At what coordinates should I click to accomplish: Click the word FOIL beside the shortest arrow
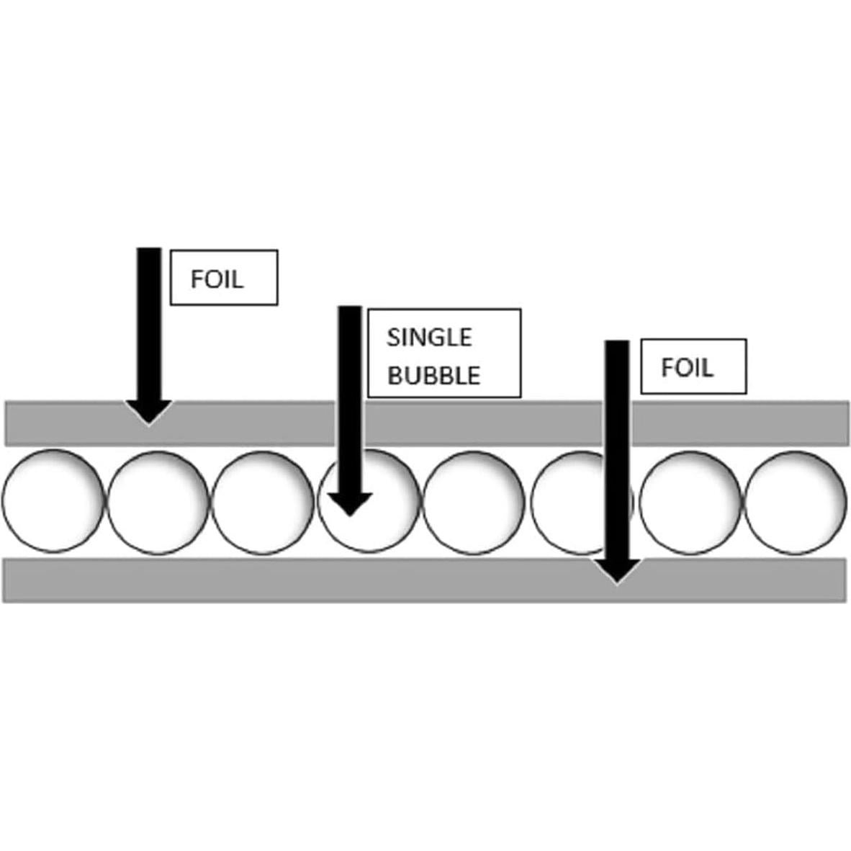click(217, 279)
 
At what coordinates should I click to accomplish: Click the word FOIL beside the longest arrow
click(687, 368)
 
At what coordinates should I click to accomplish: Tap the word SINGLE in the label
click(429, 338)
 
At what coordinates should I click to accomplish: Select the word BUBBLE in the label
click(433, 376)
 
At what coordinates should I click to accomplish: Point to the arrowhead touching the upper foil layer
click(149, 412)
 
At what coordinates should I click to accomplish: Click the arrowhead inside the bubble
click(350, 504)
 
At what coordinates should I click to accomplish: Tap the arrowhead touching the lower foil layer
click(617, 571)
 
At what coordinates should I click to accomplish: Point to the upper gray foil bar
click(427, 423)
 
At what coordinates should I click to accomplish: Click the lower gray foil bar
click(424, 580)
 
